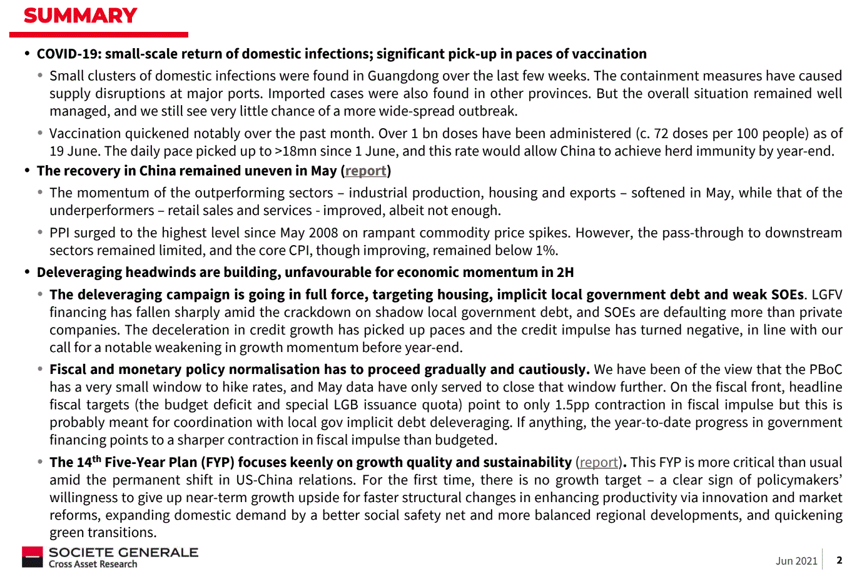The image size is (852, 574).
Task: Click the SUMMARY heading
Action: point(80,15)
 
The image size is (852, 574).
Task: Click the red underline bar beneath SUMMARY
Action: point(98,35)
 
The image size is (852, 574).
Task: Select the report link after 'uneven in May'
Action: point(365,171)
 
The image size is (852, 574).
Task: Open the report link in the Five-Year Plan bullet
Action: point(599,462)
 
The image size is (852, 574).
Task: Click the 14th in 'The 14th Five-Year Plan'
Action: point(89,462)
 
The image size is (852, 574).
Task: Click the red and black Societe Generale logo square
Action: point(33,556)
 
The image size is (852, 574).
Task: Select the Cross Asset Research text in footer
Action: point(93,564)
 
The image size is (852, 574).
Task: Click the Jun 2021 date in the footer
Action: point(796,561)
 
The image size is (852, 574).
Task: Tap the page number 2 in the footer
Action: point(839,560)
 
